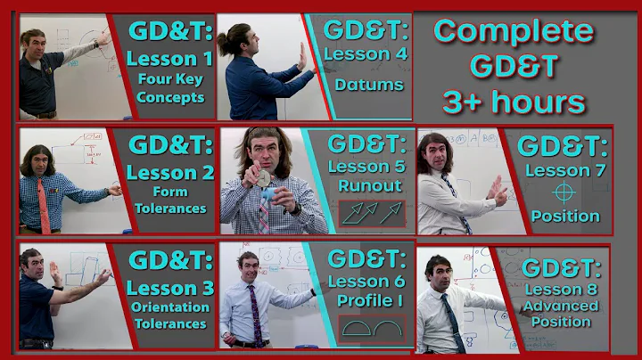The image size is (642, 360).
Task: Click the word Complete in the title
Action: pyautogui.click(x=514, y=32)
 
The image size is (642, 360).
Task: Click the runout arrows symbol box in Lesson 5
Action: pyautogui.click(x=372, y=211)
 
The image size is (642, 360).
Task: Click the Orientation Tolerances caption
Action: pyautogui.click(x=169, y=315)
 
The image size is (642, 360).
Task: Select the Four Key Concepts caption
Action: pyautogui.click(x=170, y=89)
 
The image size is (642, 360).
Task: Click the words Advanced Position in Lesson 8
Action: pyautogui.click(x=561, y=314)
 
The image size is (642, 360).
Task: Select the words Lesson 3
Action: pyautogui.click(x=169, y=288)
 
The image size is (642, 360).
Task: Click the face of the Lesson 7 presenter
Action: pyautogui.click(x=437, y=155)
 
